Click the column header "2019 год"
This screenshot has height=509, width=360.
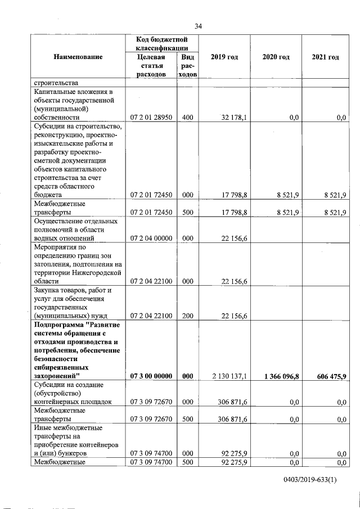pyautogui.click(x=224, y=57)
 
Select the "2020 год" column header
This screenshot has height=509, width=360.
pyautogui.click(x=276, y=57)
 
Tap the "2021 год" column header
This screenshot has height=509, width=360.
pyautogui.click(x=325, y=57)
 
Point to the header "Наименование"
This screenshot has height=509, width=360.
pyautogui.click(x=78, y=57)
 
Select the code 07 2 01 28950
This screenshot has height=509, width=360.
pyautogui.click(x=152, y=118)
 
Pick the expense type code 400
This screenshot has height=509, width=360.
pyautogui.click(x=187, y=118)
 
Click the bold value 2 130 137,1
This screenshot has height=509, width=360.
pyautogui.click(x=227, y=376)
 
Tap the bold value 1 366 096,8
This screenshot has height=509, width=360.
pyautogui.click(x=277, y=376)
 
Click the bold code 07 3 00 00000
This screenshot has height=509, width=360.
pyautogui.click(x=152, y=376)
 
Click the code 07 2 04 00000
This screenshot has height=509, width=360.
pyautogui.click(x=152, y=238)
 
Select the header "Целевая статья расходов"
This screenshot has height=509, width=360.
pyautogui.click(x=152, y=66)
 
